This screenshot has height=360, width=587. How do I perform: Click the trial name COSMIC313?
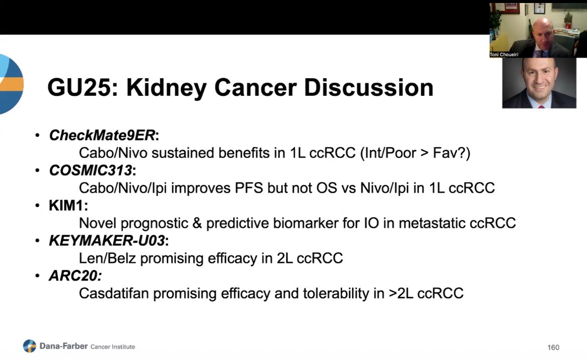coord(90,170)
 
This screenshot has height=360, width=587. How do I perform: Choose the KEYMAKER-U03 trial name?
coord(106,241)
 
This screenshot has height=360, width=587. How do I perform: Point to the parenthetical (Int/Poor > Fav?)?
coord(415,153)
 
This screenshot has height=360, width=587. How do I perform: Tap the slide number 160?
coord(553,347)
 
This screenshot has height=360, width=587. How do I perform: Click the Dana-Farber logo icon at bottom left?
coord(30,346)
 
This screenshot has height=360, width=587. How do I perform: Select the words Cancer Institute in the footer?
coord(112,346)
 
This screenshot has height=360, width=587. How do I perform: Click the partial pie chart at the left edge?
coord(11,84)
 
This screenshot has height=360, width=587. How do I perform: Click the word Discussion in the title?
coord(369,88)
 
